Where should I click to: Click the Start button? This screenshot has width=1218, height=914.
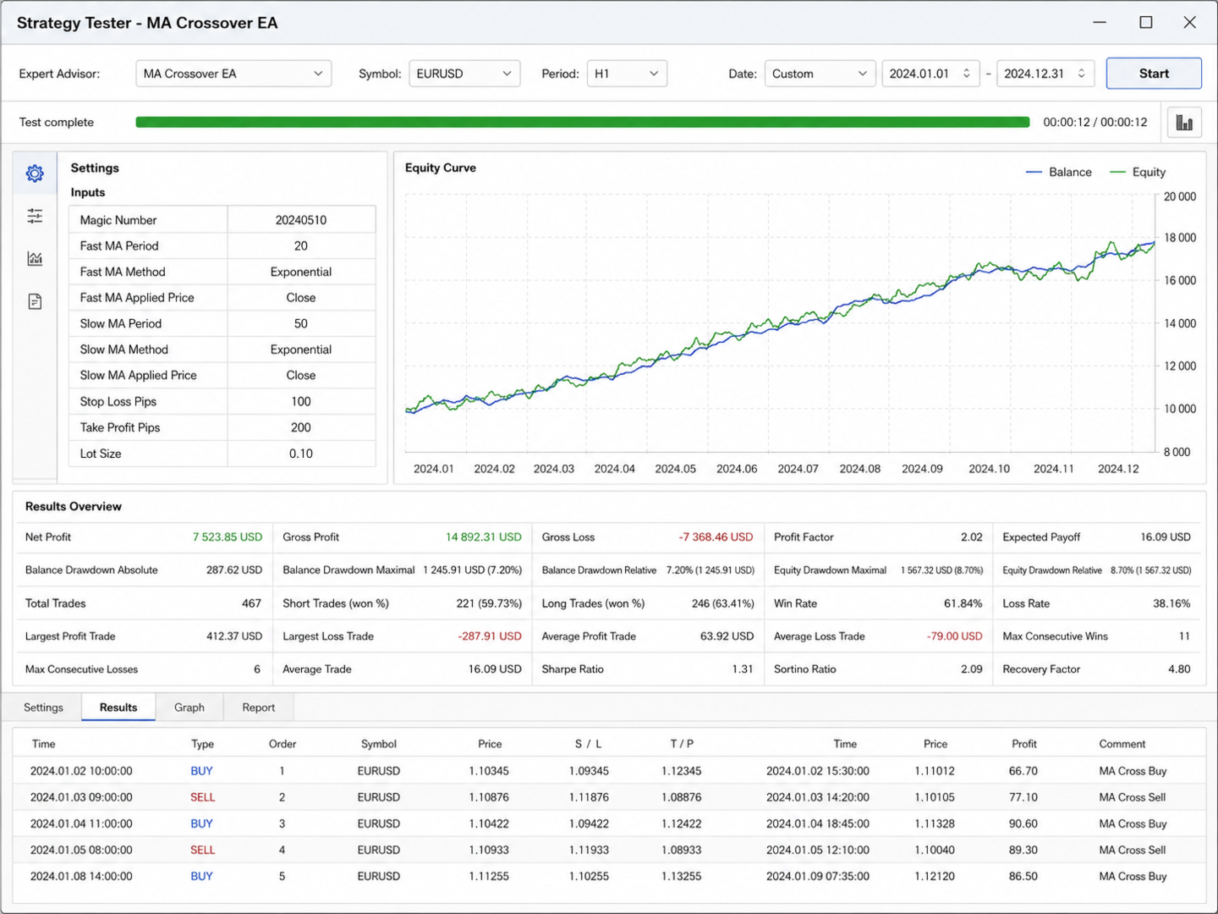(x=1154, y=74)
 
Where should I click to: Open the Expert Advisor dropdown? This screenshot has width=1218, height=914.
(x=233, y=74)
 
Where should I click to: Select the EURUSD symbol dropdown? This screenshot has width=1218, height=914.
(x=464, y=74)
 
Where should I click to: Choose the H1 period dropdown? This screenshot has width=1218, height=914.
(x=627, y=74)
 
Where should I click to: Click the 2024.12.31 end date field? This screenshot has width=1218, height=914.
(x=1045, y=74)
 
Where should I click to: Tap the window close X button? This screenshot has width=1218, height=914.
(x=1189, y=22)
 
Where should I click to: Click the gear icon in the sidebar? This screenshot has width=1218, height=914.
(x=35, y=173)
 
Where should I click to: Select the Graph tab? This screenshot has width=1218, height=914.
(x=189, y=707)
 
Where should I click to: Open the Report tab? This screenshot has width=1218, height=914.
(x=258, y=707)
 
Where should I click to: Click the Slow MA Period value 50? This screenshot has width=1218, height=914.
(x=301, y=323)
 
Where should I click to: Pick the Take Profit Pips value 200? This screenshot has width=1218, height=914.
(x=301, y=427)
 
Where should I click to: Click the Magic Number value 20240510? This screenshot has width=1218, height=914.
(x=301, y=220)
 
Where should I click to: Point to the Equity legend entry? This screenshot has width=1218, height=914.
(x=1138, y=172)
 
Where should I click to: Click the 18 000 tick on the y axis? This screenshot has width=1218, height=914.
(x=1180, y=238)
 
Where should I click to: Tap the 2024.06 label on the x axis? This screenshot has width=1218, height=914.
(x=737, y=469)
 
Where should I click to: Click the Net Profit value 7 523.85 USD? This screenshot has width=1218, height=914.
(x=227, y=537)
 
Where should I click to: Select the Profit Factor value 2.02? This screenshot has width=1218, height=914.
(x=971, y=537)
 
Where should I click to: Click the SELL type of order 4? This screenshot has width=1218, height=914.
(x=202, y=850)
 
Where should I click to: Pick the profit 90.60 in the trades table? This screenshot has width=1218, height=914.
(x=1023, y=823)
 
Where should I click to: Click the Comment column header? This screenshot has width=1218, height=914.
(x=1122, y=744)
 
